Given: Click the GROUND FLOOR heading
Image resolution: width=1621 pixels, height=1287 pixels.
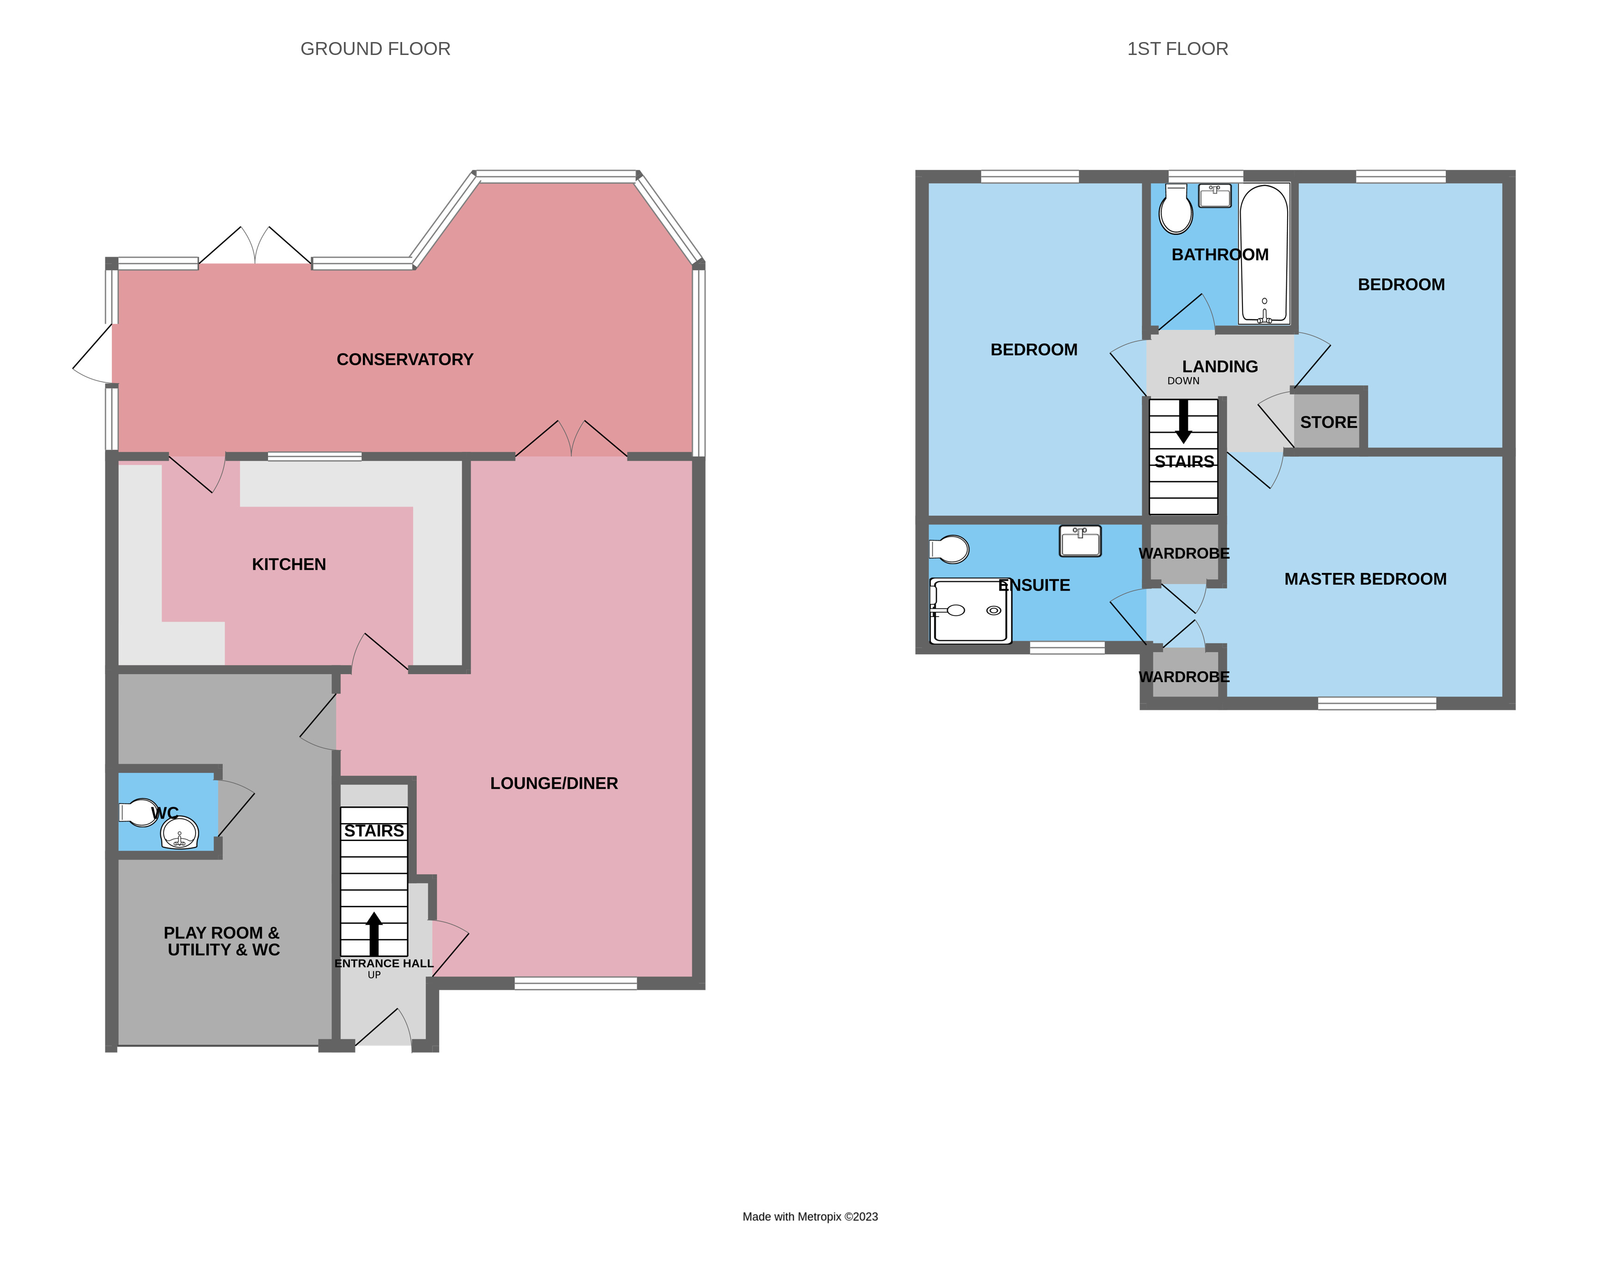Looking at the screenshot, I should click(375, 49).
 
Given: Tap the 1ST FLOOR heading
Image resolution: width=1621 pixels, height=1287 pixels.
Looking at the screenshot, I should click(1177, 49).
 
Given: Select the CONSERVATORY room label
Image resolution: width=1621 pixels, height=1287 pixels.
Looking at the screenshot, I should click(404, 360).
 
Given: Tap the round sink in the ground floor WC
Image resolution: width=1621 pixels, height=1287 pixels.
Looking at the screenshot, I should click(180, 833).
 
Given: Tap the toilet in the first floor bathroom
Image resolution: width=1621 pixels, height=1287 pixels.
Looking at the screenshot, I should click(1176, 210).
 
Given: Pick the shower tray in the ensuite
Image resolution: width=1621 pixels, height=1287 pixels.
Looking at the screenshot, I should click(970, 610).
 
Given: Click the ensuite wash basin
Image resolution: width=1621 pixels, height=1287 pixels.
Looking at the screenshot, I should click(1080, 541).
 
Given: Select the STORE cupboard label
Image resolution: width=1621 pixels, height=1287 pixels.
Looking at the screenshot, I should click(1328, 422).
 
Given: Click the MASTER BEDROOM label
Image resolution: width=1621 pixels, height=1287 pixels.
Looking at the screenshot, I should click(1364, 579).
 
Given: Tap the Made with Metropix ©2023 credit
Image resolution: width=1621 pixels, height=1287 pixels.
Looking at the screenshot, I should click(810, 1216).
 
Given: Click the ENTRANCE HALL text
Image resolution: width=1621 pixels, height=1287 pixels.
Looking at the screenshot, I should click(384, 964).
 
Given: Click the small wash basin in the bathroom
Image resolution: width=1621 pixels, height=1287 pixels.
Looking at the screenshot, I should click(1214, 195).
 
